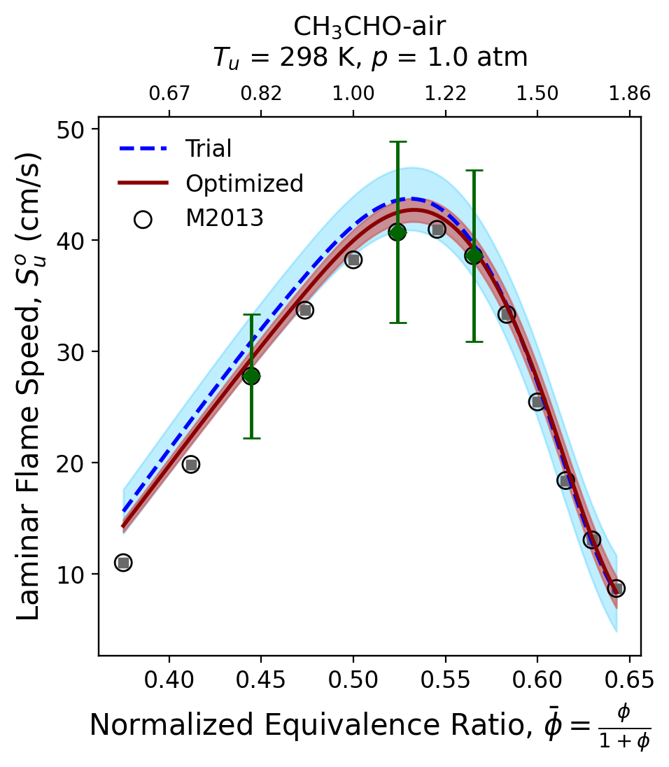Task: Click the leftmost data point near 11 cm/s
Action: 123,563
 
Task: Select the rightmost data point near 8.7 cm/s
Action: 616,589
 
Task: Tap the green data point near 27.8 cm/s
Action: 251,376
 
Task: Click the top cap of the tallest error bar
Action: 397,142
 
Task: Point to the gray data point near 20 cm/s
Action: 190,464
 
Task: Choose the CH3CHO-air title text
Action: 369,27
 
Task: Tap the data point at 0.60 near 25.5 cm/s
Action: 537,402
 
